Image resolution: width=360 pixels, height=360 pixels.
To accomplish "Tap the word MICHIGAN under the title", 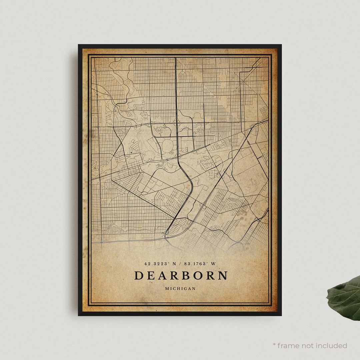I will (x=180, y=289).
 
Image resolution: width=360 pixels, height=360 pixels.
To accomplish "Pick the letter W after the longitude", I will (x=213, y=264).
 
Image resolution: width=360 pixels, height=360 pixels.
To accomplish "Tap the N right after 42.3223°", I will (x=174, y=264).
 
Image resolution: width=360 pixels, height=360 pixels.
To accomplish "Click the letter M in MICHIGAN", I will (x=167, y=289).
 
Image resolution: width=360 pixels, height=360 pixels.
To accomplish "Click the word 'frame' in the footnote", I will (x=288, y=345).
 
